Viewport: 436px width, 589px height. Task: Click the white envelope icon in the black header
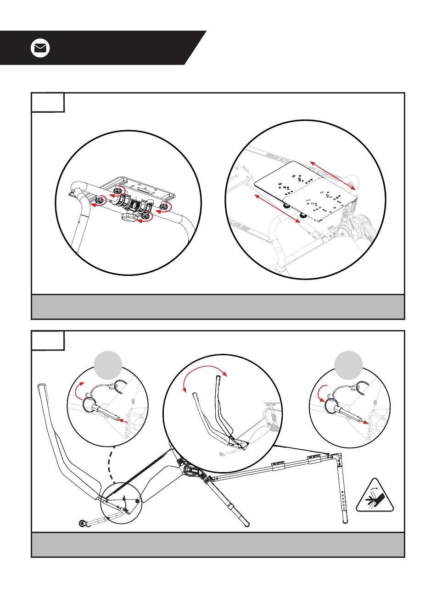[x=40, y=48]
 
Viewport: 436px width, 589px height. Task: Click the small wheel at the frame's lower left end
[x=83, y=523]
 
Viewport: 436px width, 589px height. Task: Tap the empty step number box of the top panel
[x=48, y=102]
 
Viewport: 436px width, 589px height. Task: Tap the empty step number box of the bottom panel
[x=48, y=340]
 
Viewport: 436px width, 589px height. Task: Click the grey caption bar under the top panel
[x=218, y=307]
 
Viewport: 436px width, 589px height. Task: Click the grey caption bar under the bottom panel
[x=218, y=545]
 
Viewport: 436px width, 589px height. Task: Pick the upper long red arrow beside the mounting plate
[x=332, y=176]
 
